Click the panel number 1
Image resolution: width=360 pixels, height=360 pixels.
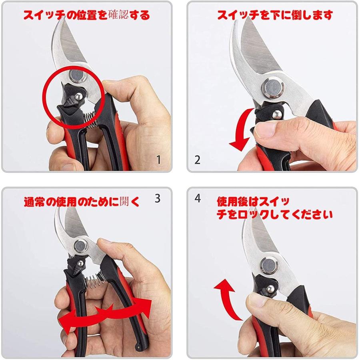tap(158, 160)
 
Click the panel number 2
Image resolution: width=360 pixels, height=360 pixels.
tap(197, 160)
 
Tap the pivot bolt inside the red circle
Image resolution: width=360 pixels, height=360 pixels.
tap(76, 76)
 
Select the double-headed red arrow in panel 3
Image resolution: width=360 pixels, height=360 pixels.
tap(106, 313)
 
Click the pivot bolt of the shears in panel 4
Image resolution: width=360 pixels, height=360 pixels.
tap(268, 265)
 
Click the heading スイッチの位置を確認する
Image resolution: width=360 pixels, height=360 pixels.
tap(86, 15)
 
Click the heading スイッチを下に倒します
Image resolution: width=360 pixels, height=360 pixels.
tap(275, 15)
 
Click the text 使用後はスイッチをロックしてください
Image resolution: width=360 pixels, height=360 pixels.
tap(274, 208)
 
